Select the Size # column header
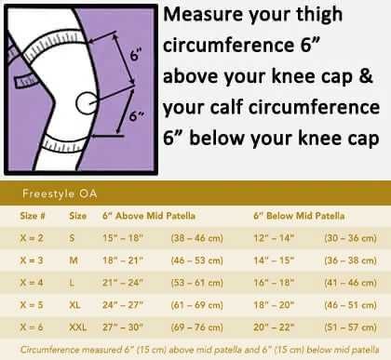(x=35, y=216)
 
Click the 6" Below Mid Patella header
(x=298, y=216)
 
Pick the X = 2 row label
(x=33, y=238)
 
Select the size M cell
(x=74, y=261)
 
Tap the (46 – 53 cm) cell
(x=195, y=261)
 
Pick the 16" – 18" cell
(x=273, y=284)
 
